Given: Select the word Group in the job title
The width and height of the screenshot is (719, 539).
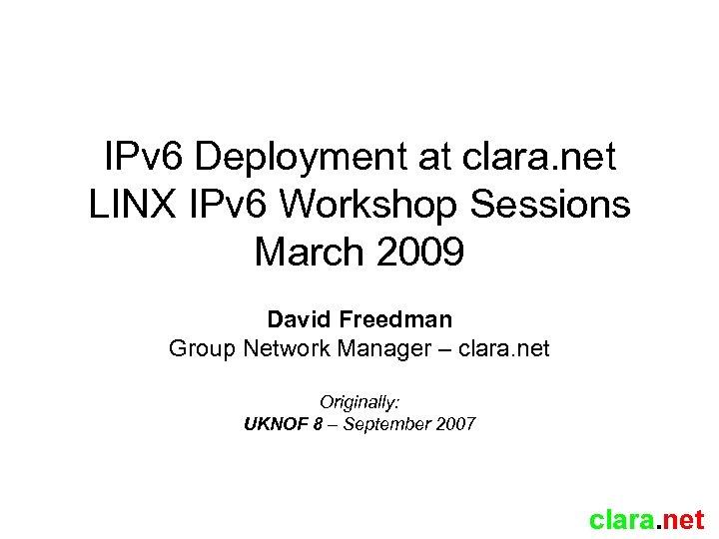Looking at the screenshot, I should [x=199, y=349].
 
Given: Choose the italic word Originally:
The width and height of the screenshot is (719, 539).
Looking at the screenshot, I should [x=359, y=402].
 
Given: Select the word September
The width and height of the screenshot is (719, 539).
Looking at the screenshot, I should [x=386, y=424].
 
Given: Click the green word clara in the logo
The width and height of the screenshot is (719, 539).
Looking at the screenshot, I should [x=621, y=520].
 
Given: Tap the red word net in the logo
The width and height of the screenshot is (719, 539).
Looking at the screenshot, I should [x=684, y=520].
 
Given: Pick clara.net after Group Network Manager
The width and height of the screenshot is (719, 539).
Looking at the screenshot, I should [x=507, y=349].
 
